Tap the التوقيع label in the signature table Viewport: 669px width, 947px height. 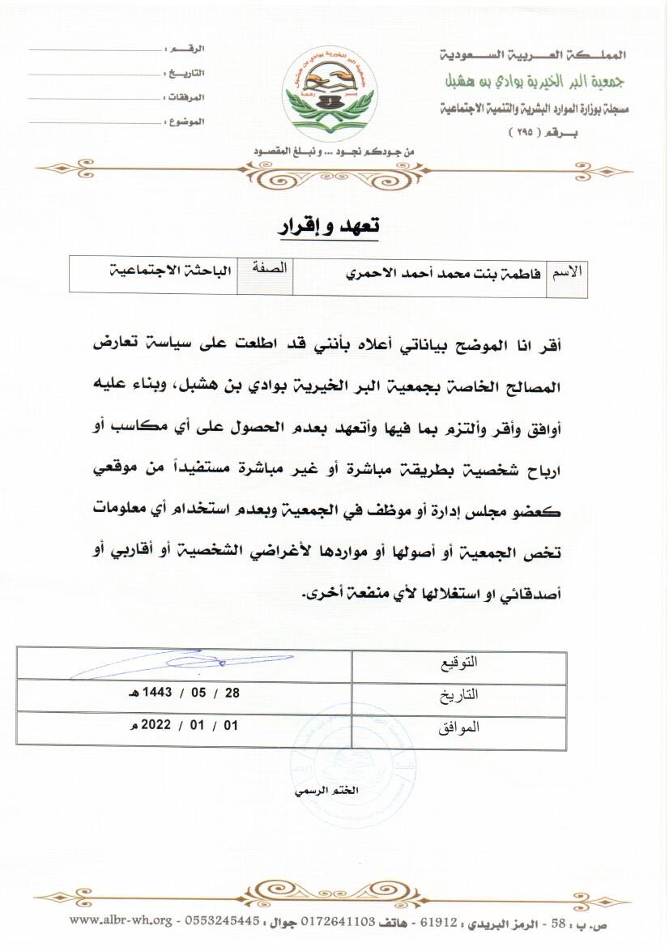[458, 663]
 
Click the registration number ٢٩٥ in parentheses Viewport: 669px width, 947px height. [524, 131]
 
